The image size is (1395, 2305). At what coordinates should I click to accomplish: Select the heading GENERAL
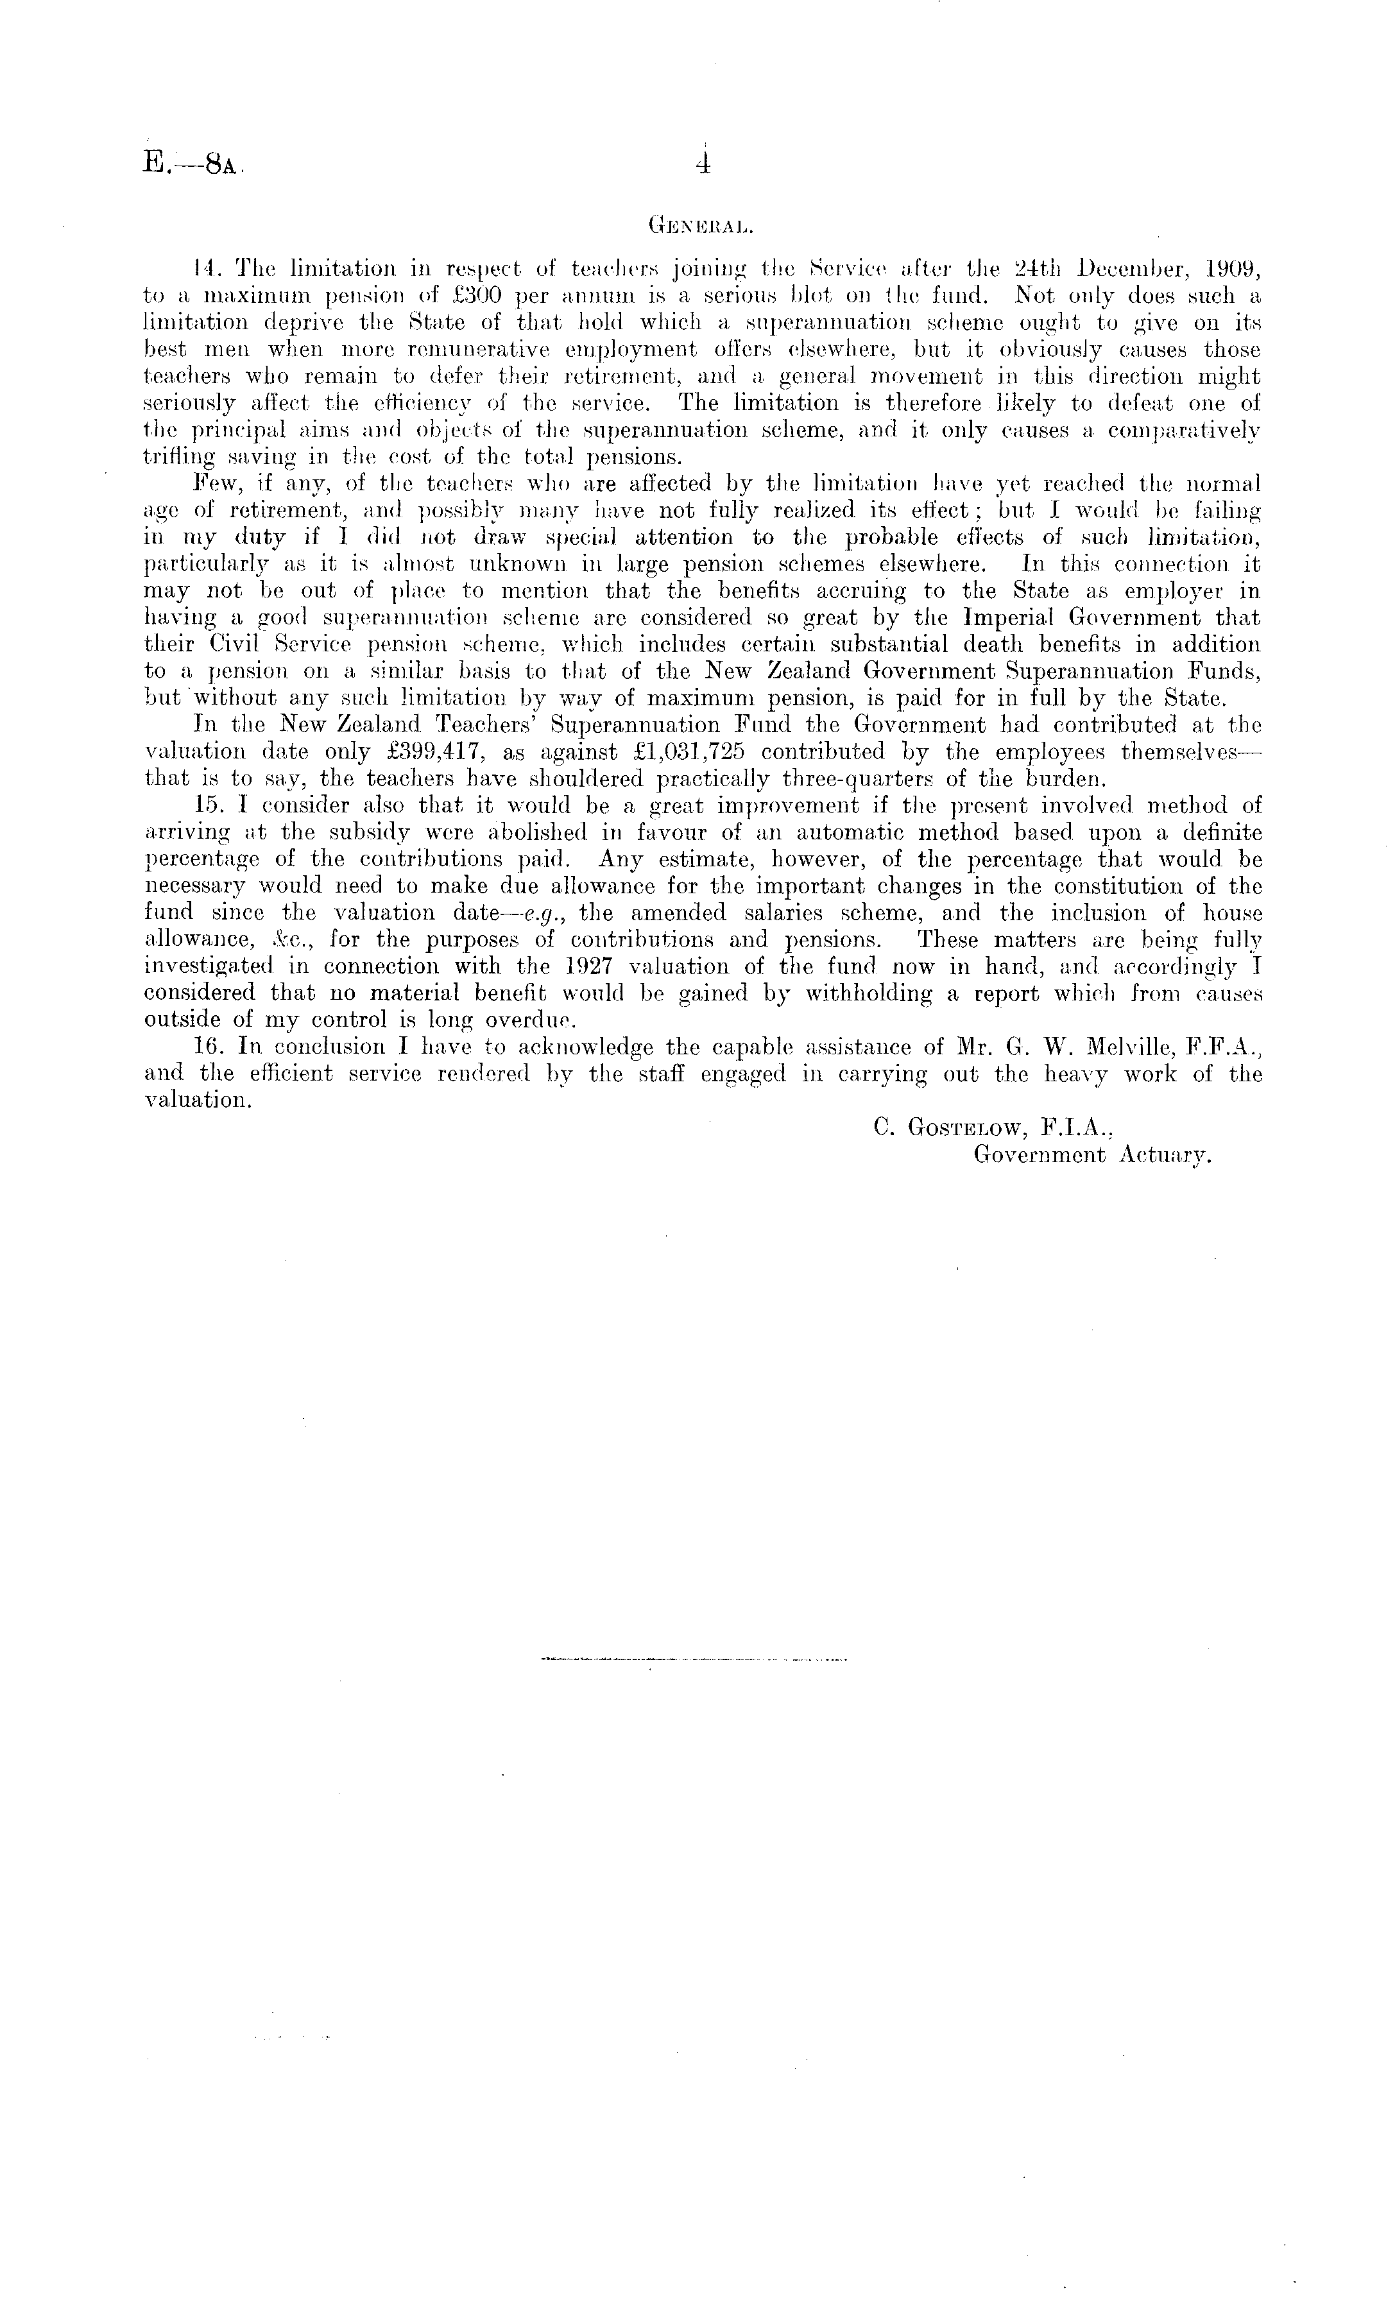[696, 225]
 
